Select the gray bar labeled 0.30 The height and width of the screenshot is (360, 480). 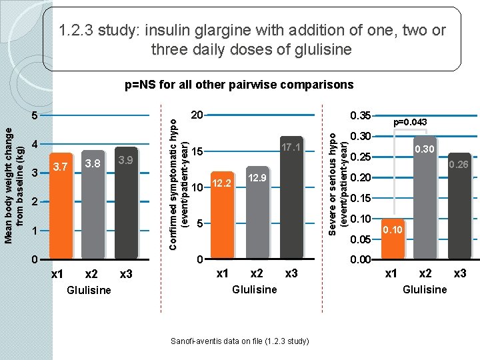425,197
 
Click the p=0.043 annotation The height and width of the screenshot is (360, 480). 410,122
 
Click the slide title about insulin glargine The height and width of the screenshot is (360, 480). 252,39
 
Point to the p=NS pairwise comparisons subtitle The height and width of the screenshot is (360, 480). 240,85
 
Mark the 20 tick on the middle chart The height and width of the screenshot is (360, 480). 197,115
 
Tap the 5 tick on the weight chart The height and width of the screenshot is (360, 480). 37,115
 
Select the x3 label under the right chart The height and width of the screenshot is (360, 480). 459,274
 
